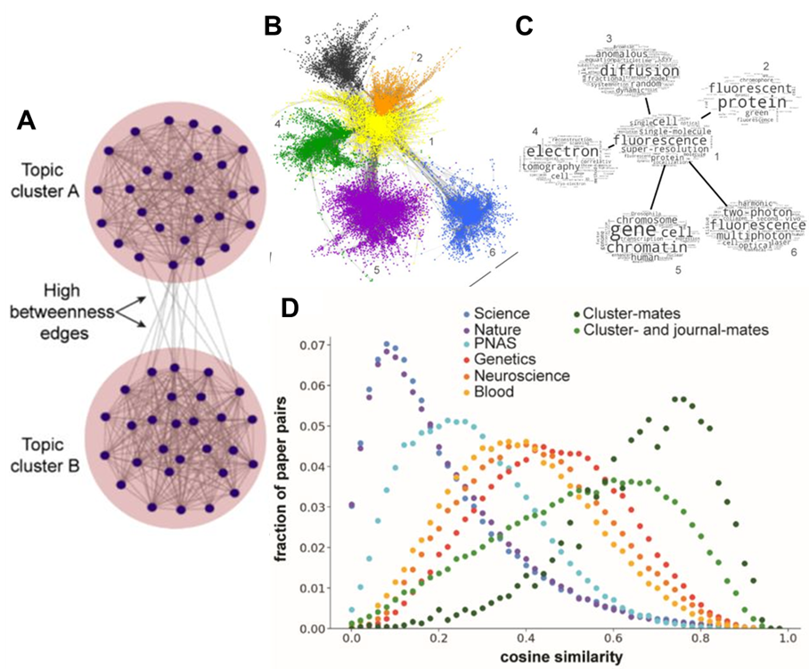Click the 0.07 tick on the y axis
click(323, 345)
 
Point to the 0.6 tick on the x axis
click(612, 641)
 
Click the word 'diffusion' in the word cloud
click(625, 71)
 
